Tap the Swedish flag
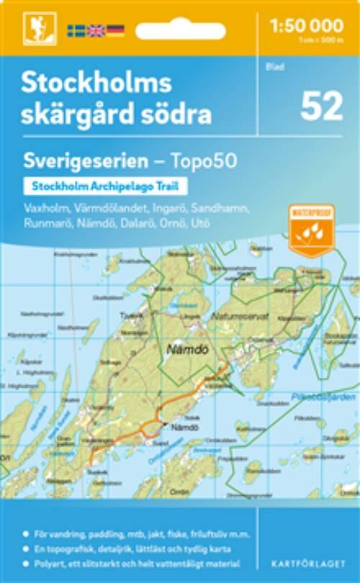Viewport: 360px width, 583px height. [x=76, y=30]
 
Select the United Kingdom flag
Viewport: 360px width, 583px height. [x=95, y=30]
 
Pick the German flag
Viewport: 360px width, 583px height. [x=115, y=30]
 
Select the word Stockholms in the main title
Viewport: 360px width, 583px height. [x=96, y=84]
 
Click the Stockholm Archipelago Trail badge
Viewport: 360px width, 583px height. [x=105, y=185]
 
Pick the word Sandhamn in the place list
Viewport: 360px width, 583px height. [x=225, y=208]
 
